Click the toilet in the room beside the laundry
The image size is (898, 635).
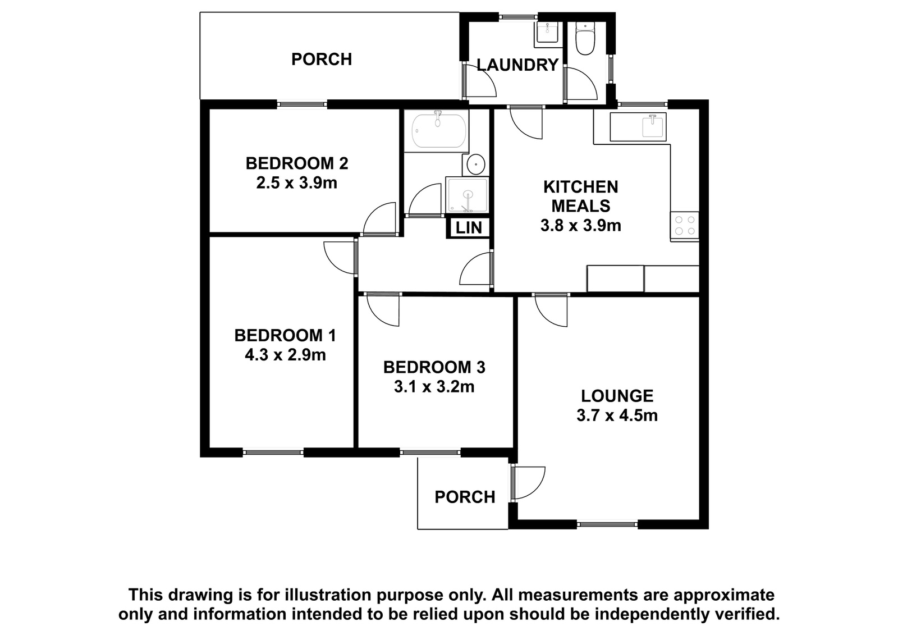pos(585,38)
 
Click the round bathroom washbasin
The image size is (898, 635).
pos(476,164)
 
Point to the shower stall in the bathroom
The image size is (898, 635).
pos(468,195)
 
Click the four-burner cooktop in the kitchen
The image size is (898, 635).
pos(685,226)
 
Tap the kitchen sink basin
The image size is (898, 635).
pos(653,126)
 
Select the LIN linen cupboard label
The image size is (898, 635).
pos(469,228)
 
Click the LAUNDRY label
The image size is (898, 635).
pos(517,65)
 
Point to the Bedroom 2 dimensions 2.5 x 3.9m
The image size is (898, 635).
pos(297,183)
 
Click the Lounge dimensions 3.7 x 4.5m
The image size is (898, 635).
pos(617,415)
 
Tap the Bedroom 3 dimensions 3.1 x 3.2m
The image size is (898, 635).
pos(434,387)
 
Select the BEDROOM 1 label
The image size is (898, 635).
pos(285,336)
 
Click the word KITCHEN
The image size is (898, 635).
pos(580,187)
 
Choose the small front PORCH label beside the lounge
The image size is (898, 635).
pos(465,497)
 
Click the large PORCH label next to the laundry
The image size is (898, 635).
pos(322,60)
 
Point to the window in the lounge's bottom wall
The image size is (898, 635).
pos(607,524)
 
